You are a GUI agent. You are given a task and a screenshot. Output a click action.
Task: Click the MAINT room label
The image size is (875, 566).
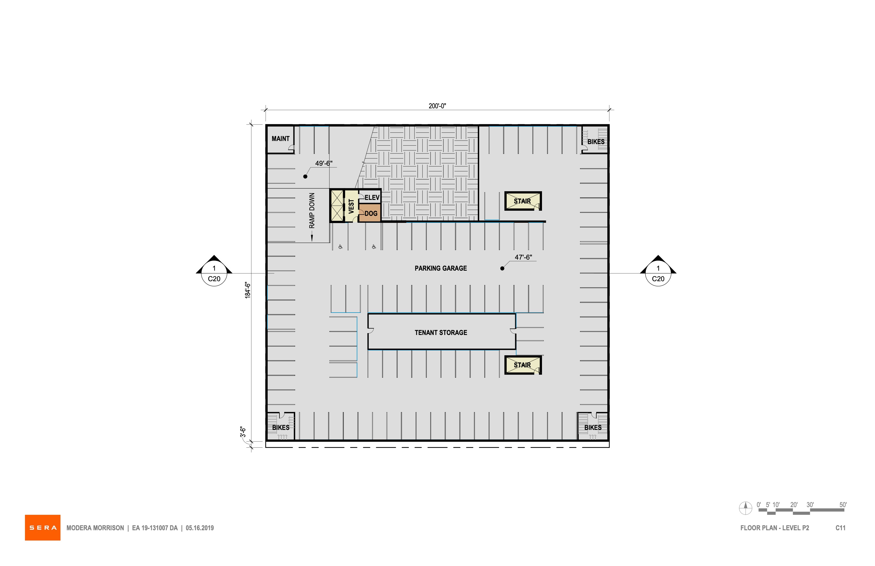281,139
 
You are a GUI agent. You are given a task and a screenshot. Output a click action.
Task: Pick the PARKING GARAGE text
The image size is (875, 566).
441,268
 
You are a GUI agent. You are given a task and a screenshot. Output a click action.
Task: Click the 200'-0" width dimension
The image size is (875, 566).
437,106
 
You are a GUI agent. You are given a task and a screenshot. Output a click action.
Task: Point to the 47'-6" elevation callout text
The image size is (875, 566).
523,257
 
